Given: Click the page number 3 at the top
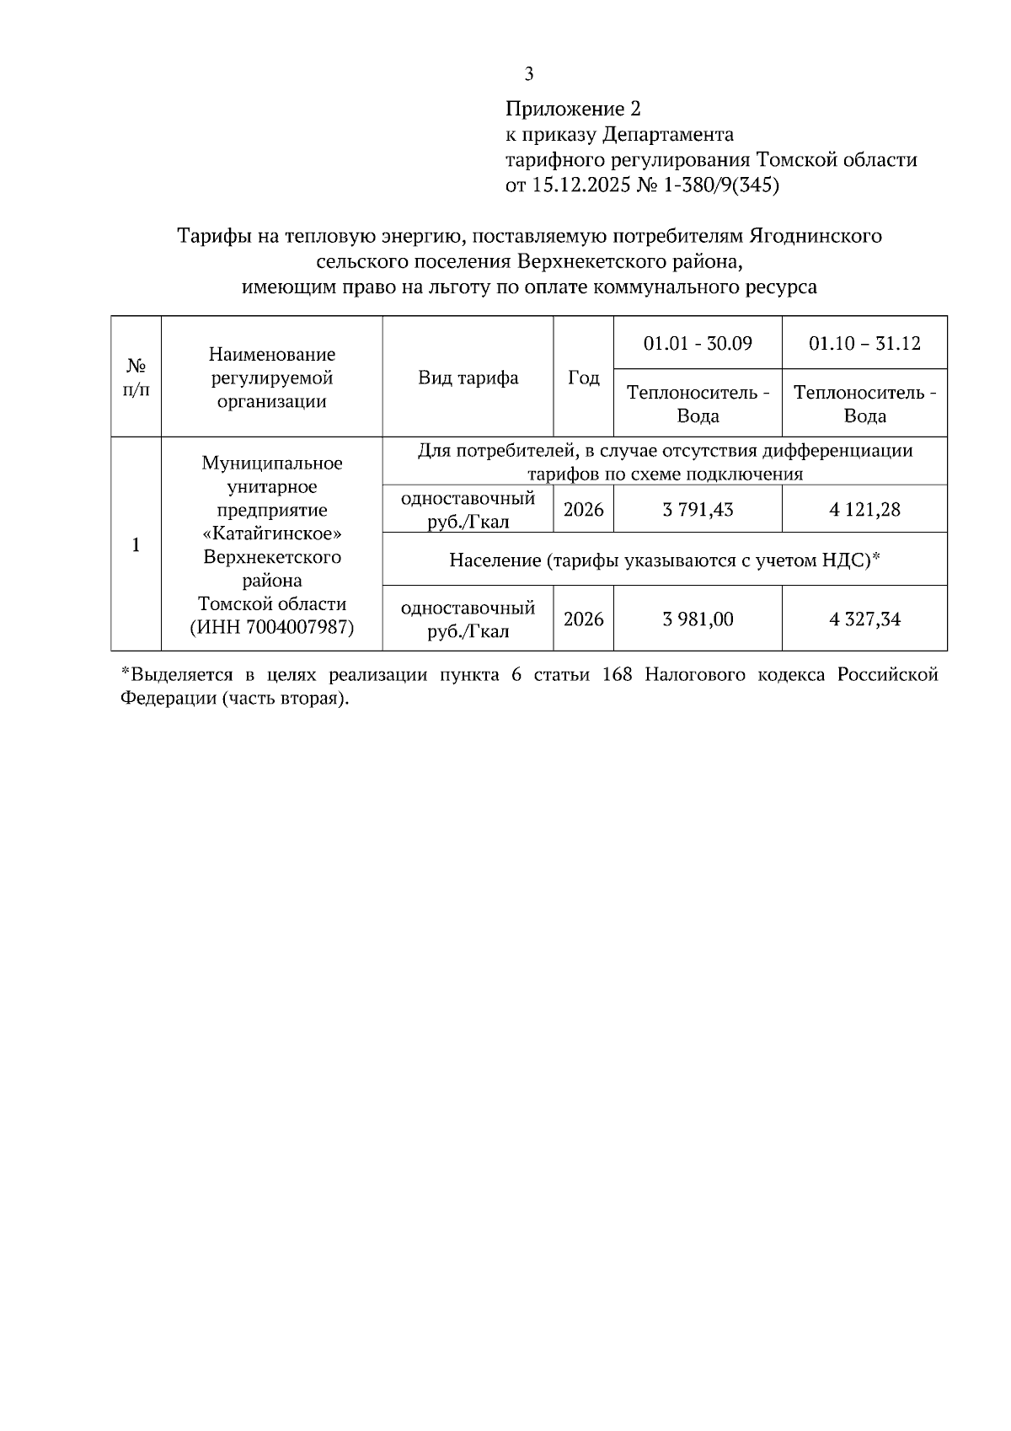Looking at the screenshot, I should click(529, 74).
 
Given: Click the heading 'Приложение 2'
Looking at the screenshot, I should click(573, 109).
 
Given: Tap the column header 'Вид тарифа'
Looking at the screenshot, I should click(468, 378).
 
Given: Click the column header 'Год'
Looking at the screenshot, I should click(583, 378).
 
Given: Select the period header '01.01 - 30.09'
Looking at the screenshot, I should click(698, 343).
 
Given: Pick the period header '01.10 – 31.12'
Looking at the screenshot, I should click(864, 343).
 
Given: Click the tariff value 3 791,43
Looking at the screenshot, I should click(698, 509).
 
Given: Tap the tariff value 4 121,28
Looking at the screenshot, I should click(864, 509).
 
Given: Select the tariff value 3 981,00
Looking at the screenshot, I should click(698, 619).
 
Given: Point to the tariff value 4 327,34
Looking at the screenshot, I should click(864, 619).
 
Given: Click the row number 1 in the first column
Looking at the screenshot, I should click(136, 544).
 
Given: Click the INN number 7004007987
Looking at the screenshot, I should click(297, 628).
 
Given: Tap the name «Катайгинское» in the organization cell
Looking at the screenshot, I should click(272, 534).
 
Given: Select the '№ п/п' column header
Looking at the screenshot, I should click(136, 378).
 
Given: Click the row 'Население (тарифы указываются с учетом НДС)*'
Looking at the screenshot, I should click(664, 560).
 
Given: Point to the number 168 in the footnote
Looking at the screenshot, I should click(618, 676).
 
